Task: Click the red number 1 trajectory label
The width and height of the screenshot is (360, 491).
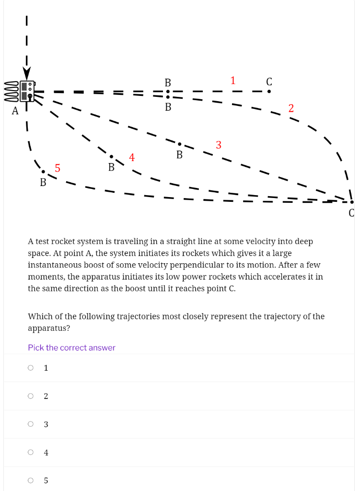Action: tap(232, 81)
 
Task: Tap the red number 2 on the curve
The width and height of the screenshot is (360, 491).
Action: tap(291, 108)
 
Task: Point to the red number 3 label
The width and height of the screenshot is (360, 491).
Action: tap(219, 145)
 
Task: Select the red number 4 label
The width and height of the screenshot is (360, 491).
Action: tap(132, 157)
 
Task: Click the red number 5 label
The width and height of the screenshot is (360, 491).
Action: tap(58, 168)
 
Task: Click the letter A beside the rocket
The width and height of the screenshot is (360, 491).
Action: tap(15, 111)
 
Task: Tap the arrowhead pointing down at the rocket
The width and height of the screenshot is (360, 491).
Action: tap(27, 74)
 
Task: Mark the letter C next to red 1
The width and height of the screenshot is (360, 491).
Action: tap(269, 82)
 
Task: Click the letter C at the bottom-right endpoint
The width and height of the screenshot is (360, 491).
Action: tap(351, 212)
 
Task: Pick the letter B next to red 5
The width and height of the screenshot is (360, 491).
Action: tap(43, 182)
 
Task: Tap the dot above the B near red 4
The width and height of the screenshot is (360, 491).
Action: tap(111, 156)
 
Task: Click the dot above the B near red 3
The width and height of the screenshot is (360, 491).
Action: tap(179, 144)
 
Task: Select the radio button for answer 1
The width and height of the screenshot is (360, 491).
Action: tap(31, 368)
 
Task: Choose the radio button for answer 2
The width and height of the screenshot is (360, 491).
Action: tap(31, 396)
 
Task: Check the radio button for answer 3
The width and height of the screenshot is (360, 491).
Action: tap(31, 424)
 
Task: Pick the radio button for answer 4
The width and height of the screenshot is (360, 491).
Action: tap(31, 452)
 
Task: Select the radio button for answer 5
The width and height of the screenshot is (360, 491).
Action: tap(31, 480)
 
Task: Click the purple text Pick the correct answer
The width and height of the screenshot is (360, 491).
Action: tap(71, 348)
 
